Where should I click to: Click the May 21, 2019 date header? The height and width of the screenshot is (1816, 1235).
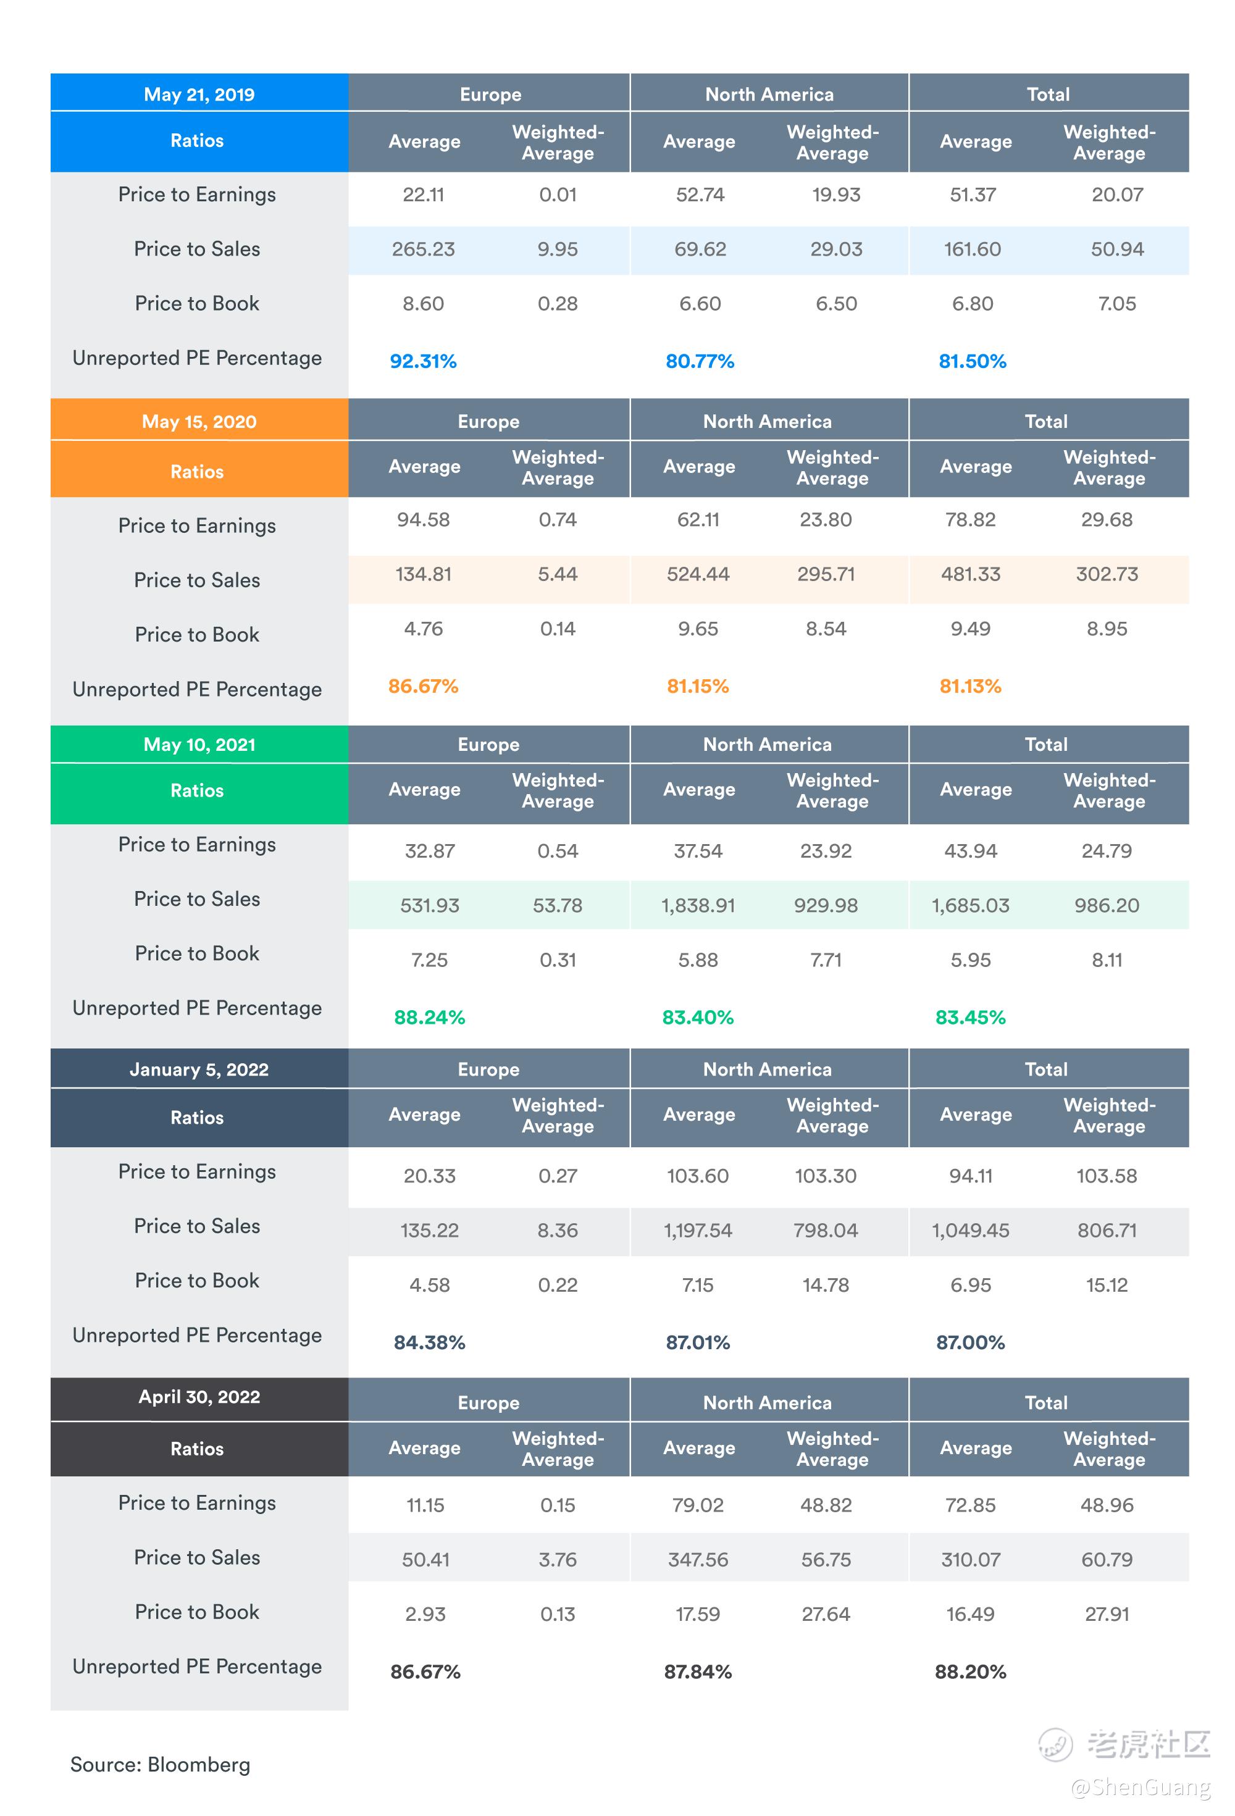pos(199,94)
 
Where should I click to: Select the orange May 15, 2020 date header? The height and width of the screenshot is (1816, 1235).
pos(199,422)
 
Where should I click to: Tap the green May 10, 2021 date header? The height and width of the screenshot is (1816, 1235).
pos(199,745)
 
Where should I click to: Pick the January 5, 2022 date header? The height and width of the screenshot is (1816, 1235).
pos(199,1069)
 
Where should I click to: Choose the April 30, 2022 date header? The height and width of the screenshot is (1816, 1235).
pos(199,1397)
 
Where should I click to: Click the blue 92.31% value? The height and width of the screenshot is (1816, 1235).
pos(423,361)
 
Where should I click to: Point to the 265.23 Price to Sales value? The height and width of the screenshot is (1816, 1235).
pos(423,249)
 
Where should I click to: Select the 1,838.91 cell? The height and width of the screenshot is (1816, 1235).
pos(697,906)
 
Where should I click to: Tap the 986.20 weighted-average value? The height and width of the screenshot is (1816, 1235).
pos(1106,906)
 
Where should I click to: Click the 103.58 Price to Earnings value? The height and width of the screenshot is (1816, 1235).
pos(1106,1176)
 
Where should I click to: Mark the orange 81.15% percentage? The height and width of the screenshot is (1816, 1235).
pos(697,686)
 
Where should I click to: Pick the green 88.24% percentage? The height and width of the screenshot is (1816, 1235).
pos(429,1018)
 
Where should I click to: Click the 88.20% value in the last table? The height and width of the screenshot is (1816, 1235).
pos(970,1672)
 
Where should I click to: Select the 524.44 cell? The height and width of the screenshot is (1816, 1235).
pos(697,574)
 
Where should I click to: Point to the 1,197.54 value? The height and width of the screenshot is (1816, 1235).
pos(697,1231)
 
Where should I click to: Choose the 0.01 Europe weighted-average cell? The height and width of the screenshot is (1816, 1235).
pos(558,195)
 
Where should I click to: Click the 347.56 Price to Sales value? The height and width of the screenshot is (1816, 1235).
pos(697,1560)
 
